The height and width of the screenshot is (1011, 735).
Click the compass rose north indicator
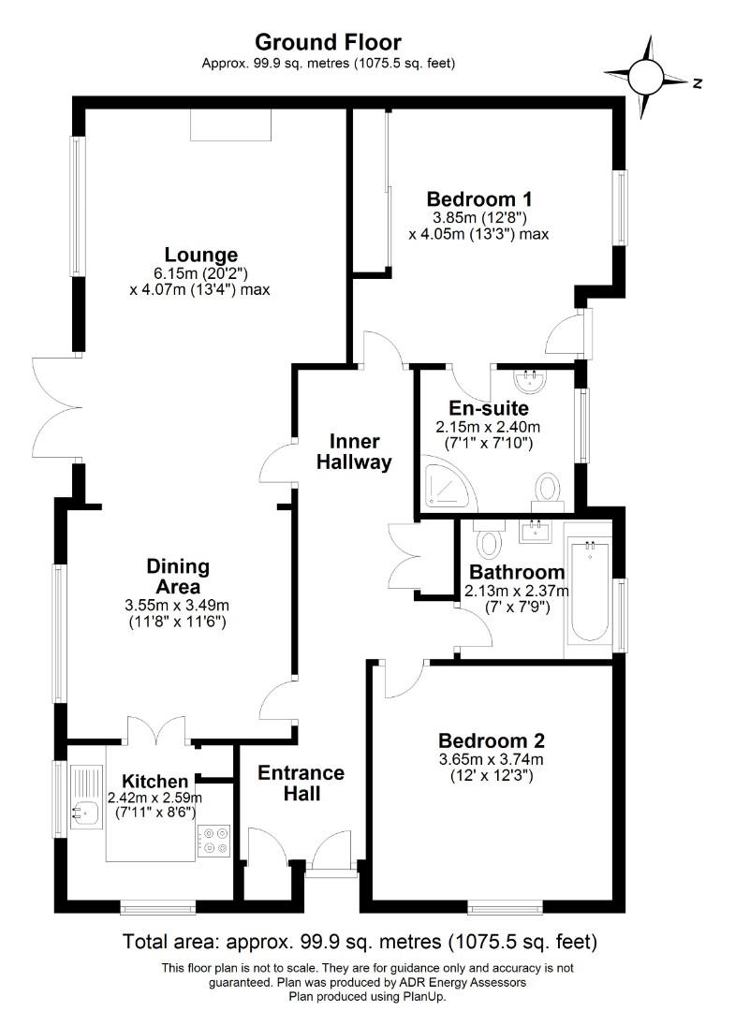647,73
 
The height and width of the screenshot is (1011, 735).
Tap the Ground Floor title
328,42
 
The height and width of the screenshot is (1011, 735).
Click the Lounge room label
200,255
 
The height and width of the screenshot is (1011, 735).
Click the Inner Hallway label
353,451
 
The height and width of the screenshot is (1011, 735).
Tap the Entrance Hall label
301,784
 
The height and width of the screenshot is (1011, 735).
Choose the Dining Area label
178,577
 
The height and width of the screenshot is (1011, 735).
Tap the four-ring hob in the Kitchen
214,839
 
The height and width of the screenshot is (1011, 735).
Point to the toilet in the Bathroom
488,538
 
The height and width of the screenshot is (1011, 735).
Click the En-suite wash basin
531,380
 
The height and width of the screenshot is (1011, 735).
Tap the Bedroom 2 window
505,906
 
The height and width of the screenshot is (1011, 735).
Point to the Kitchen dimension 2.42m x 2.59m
154,798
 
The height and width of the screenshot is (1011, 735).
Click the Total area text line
360,941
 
